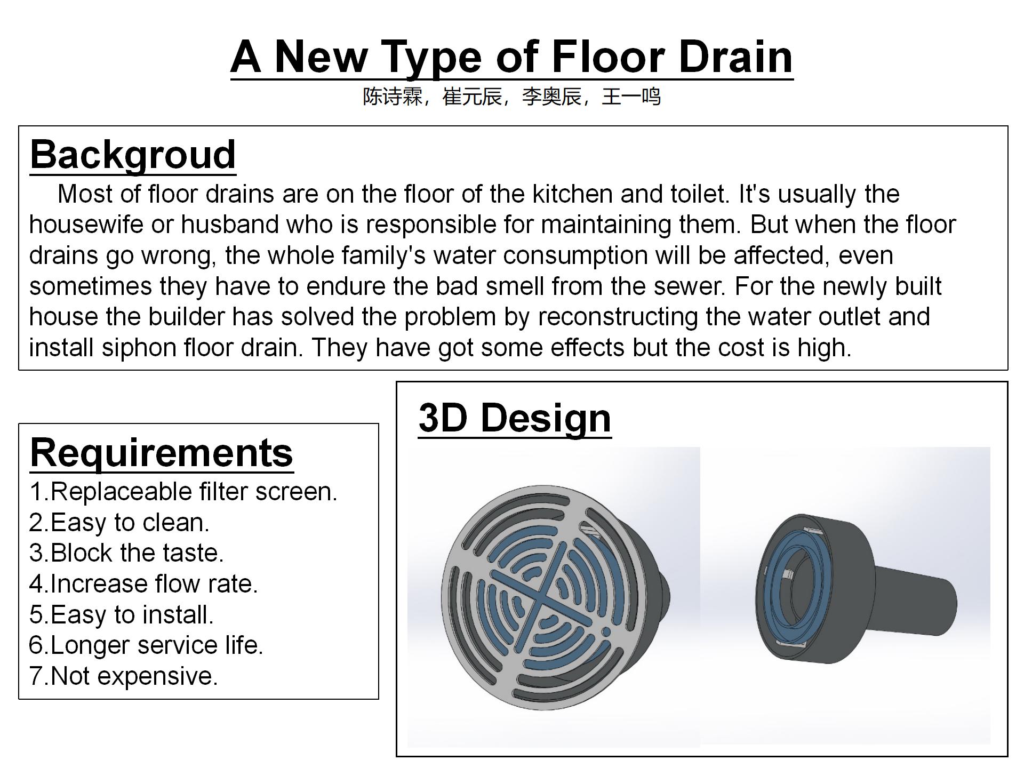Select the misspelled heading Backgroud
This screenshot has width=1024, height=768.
click(133, 155)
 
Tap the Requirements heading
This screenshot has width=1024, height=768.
click(162, 453)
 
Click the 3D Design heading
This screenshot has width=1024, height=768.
click(515, 418)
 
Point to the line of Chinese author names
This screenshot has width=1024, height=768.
click(512, 97)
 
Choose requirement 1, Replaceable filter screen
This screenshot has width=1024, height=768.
click(183, 492)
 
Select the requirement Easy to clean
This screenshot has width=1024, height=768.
click(119, 523)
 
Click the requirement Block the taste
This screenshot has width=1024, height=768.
click(126, 553)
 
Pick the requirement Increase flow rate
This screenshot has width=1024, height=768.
click(143, 584)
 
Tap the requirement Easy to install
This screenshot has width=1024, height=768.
click(122, 615)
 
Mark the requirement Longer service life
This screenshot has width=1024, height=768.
click(146, 645)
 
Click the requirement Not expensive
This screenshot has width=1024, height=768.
click(124, 676)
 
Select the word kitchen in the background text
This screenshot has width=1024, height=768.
click(572, 194)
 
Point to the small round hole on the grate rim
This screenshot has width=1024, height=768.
click(606, 632)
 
